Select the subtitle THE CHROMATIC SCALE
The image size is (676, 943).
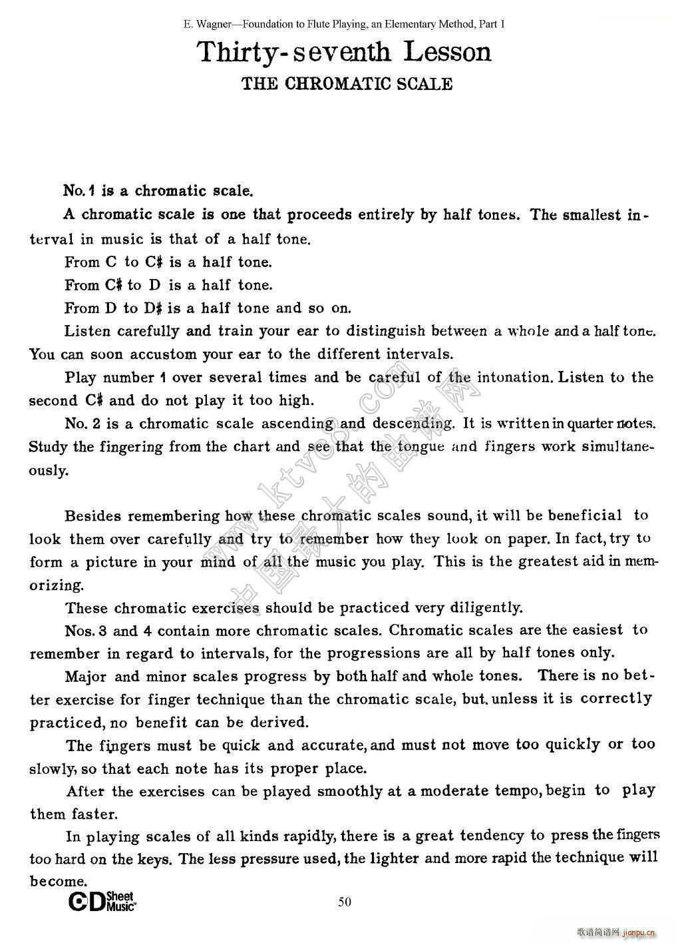coord(347,84)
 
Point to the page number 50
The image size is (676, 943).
coord(345,902)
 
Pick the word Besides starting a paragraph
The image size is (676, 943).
coord(94,516)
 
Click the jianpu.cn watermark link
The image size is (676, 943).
coord(639,932)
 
